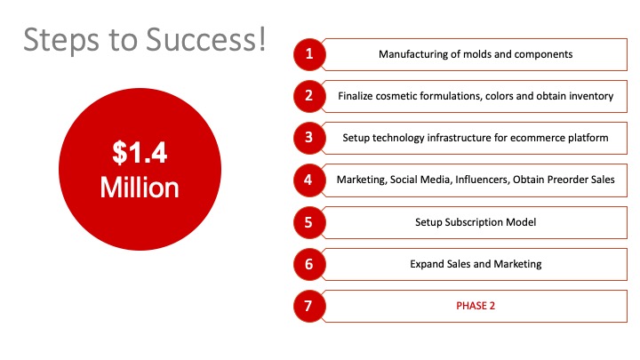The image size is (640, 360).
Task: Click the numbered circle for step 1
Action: [309, 54]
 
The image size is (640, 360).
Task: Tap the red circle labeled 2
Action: [309, 96]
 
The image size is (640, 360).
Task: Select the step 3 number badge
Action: [309, 138]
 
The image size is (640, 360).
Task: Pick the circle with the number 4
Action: [309, 180]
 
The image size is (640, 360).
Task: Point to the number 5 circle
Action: [309, 222]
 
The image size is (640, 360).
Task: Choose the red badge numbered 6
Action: [309, 264]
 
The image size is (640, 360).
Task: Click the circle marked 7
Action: [309, 306]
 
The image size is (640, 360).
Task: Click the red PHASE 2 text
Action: [476, 306]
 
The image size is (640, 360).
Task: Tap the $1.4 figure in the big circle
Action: [140, 153]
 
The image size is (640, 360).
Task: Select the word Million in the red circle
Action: [140, 188]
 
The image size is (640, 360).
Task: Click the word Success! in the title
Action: [205, 39]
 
